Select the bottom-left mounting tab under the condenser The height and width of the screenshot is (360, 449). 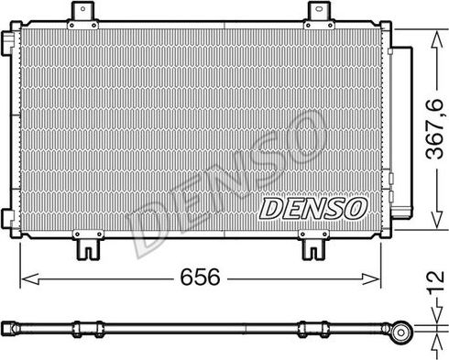click(x=88, y=245)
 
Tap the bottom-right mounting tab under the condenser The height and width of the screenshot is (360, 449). click(x=312, y=245)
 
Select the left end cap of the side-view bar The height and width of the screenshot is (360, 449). click(x=8, y=325)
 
